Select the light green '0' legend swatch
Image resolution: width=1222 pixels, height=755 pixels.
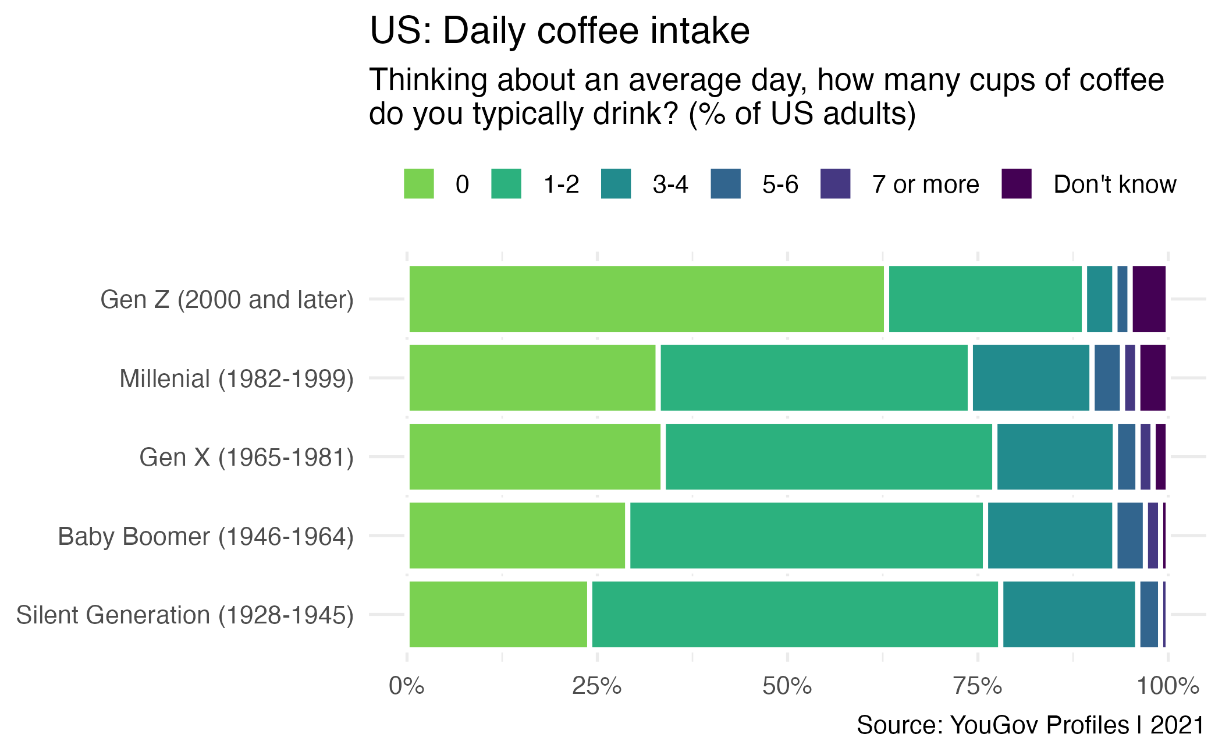(418, 184)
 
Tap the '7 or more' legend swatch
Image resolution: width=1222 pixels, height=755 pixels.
(835, 184)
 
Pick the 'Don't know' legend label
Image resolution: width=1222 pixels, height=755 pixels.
(1114, 185)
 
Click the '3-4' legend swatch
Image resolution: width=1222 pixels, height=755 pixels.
(616, 184)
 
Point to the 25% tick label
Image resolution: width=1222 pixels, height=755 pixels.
(596, 686)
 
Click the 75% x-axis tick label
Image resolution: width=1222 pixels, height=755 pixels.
(978, 686)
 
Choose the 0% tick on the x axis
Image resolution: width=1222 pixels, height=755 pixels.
(406, 686)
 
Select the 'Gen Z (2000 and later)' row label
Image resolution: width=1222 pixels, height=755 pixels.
(227, 300)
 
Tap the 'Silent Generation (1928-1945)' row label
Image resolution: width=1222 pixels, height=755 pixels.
(185, 615)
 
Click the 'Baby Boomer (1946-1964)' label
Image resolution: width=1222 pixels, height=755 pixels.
(206, 536)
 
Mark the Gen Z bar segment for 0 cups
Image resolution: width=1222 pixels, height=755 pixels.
(646, 299)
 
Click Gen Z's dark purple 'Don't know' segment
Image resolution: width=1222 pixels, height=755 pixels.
(1149, 299)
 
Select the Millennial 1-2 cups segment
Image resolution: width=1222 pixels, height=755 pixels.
(814, 378)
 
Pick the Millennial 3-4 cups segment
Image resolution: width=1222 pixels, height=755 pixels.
(1031, 378)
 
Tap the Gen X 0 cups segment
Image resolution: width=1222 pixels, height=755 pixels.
(535, 457)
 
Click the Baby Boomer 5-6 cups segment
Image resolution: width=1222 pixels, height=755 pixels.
(1129, 536)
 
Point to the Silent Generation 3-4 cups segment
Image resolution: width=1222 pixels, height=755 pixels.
(1068, 614)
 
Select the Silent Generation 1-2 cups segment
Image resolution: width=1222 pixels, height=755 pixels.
(794, 614)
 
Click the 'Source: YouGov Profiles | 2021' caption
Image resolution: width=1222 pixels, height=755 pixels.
(1030, 725)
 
